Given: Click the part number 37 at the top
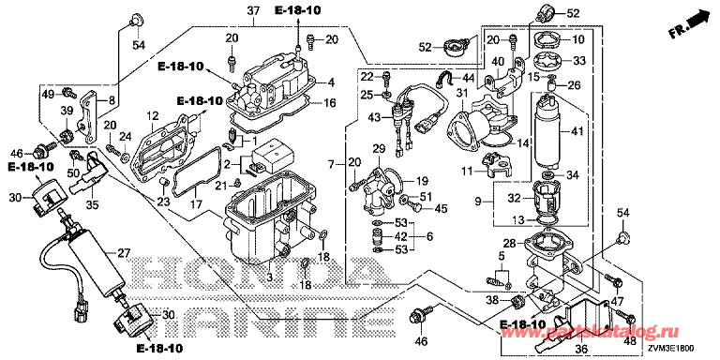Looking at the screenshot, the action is point(253,10).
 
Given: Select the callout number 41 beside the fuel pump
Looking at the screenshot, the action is point(577,132).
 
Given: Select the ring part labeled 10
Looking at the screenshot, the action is point(548,40).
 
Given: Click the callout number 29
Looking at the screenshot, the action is point(379,149).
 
